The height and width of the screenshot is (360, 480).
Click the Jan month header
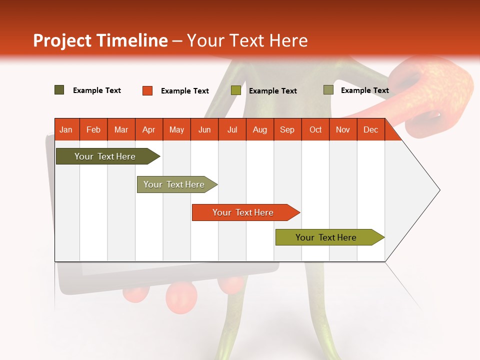tap(66, 129)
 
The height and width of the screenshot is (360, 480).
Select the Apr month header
tap(148, 129)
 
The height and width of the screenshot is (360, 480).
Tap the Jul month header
tap(232, 129)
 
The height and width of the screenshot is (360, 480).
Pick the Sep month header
tap(287, 129)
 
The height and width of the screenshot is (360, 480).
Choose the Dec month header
tap(370, 129)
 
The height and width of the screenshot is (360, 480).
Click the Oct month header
tap(315, 129)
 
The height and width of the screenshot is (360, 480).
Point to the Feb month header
tap(93, 129)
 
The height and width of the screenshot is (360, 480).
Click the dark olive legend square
tap(59, 90)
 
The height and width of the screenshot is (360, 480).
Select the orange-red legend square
tap(147, 90)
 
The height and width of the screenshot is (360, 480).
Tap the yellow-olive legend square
tap(236, 90)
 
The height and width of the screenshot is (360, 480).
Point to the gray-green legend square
tap(328, 90)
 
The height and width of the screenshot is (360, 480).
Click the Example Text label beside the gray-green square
tap(364, 90)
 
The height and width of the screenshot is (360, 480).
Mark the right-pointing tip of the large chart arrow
tap(439, 190)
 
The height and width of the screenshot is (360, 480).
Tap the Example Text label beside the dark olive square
tap(96, 90)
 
